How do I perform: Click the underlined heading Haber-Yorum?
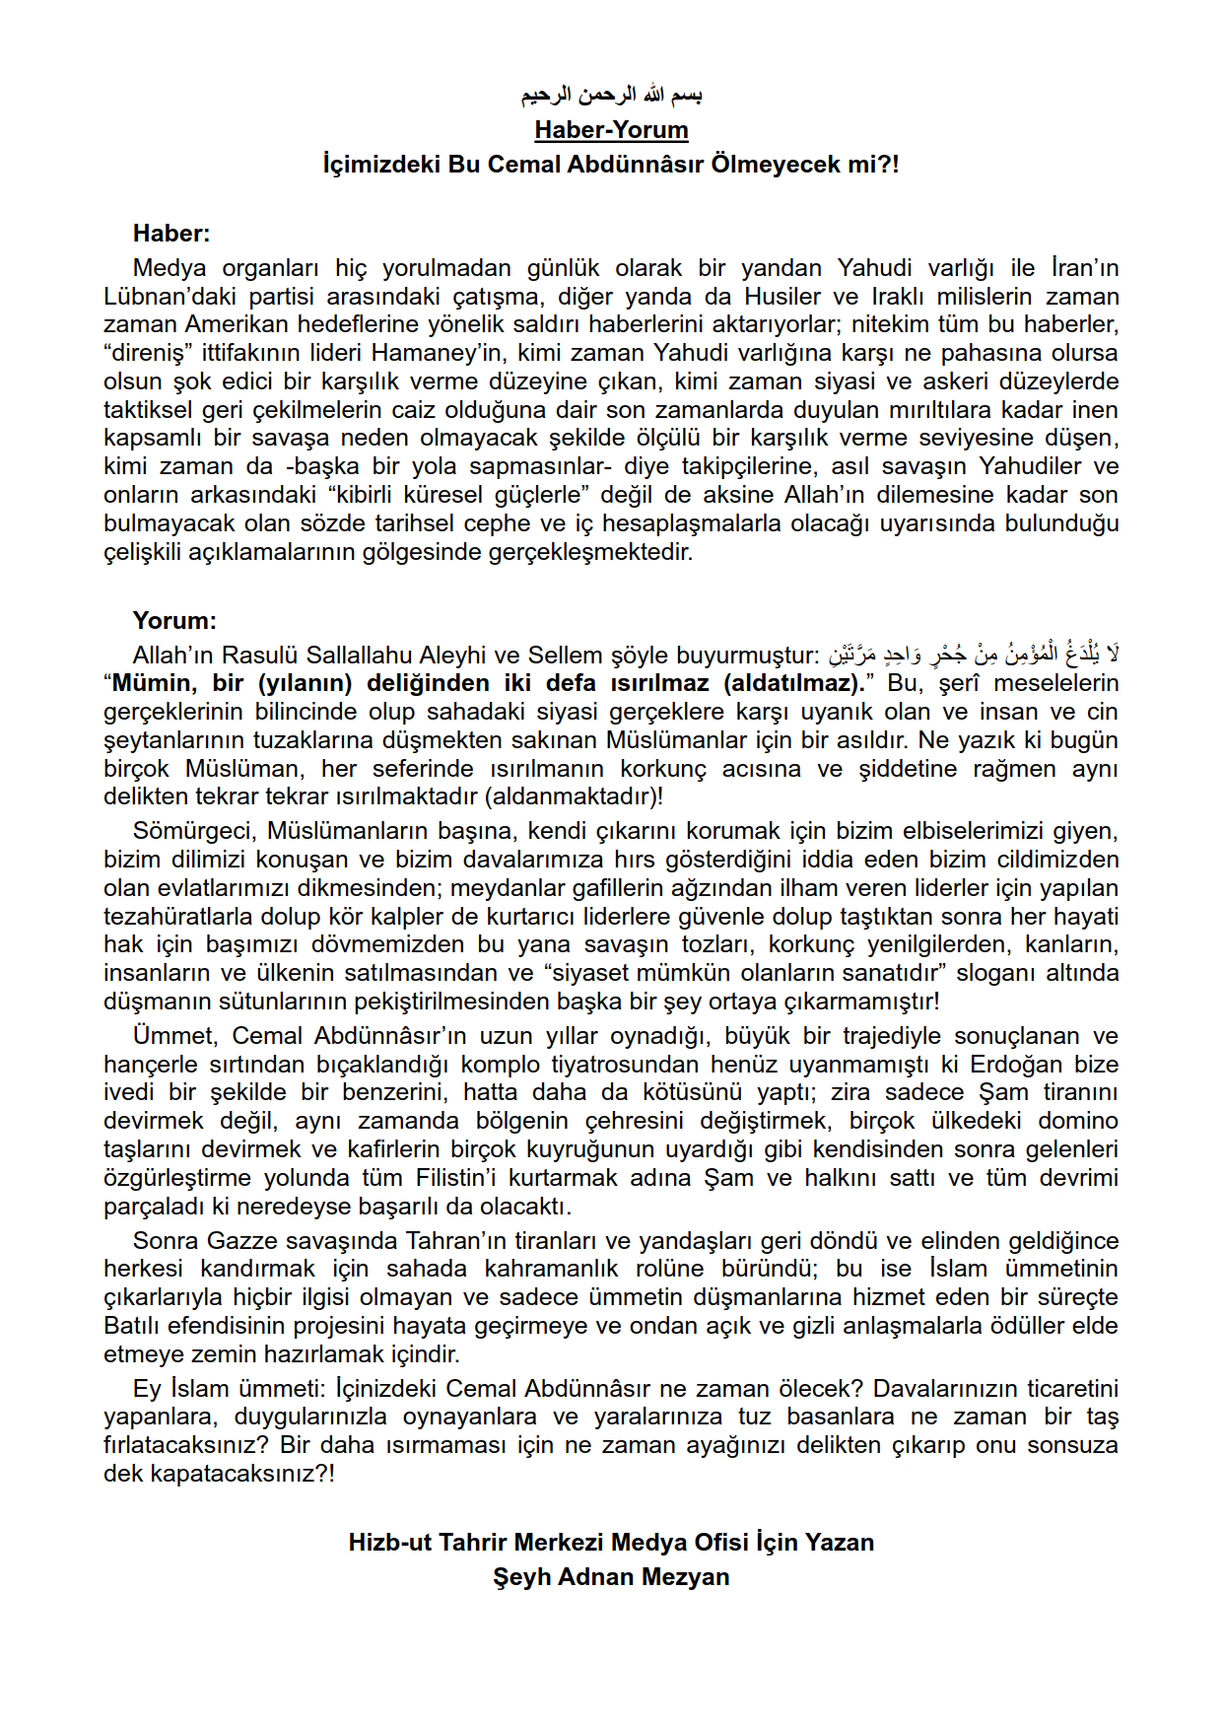point(611,130)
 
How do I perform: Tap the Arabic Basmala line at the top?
point(611,96)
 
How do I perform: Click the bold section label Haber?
point(171,234)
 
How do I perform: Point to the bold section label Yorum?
point(174,621)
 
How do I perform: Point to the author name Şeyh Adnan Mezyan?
point(611,1577)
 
